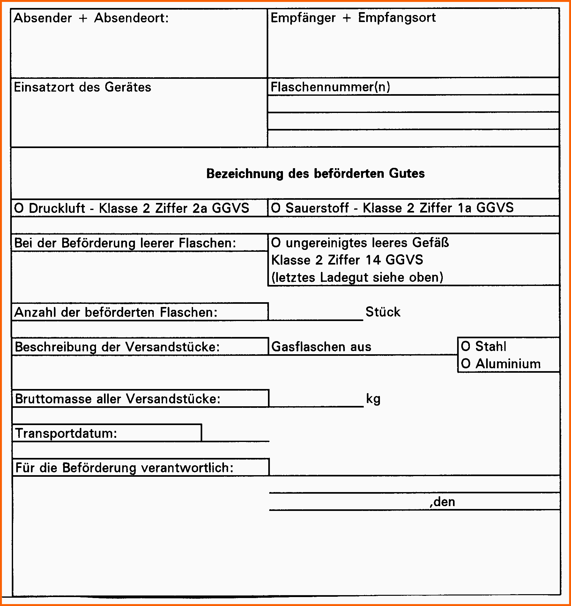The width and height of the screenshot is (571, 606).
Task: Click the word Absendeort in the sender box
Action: click(x=131, y=18)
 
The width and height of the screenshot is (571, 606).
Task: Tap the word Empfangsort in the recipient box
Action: click(x=397, y=18)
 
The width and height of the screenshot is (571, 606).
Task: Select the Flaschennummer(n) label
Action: click(x=330, y=87)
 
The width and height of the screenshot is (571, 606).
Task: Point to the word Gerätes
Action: click(x=128, y=87)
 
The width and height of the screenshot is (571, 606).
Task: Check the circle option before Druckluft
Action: click(x=19, y=208)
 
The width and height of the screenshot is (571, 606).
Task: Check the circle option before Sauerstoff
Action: click(x=276, y=208)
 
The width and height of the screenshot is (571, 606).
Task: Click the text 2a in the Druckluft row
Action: click(x=200, y=208)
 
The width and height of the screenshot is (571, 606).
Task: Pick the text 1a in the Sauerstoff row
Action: click(x=464, y=208)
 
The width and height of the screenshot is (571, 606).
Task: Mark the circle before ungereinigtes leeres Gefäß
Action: click(x=276, y=243)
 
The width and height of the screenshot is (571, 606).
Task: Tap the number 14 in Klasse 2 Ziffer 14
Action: click(x=373, y=260)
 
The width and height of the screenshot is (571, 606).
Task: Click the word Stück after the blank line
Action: click(x=383, y=312)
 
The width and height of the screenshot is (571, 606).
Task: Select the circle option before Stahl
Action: click(x=465, y=346)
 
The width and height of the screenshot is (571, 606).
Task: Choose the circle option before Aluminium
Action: click(x=465, y=364)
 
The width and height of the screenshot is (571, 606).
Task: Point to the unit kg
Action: click(x=373, y=399)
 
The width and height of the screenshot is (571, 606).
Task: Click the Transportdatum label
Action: click(x=66, y=433)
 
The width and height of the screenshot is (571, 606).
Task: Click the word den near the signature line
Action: click(x=444, y=502)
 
